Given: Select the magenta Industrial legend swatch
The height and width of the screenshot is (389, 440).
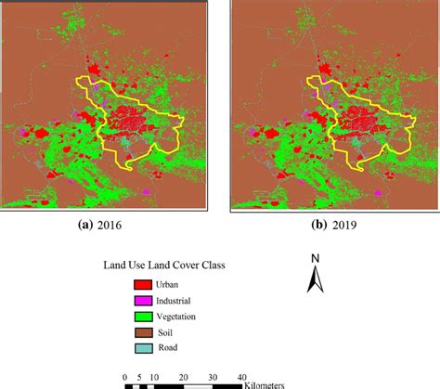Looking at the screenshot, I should tap(144, 301).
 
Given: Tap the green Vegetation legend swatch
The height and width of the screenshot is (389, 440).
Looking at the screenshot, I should tap(144, 317).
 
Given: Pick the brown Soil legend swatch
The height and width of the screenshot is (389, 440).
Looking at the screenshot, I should tap(144, 332).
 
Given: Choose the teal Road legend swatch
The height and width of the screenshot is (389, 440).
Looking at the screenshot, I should tap(144, 348).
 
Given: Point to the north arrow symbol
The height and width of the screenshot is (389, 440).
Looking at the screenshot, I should tap(316, 279).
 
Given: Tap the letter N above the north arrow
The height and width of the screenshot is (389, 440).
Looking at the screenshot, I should tap(316, 258).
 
